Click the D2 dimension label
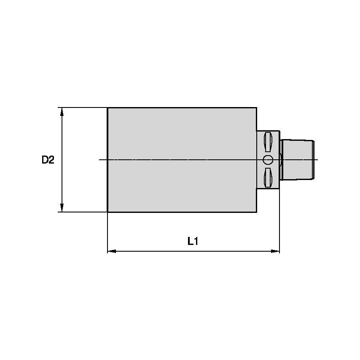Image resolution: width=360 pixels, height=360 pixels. click(x=48, y=160)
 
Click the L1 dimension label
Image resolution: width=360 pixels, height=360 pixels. click(x=193, y=242)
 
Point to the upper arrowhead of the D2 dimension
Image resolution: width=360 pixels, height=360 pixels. click(x=62, y=111)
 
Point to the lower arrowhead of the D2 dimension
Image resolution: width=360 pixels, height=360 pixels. click(x=62, y=208)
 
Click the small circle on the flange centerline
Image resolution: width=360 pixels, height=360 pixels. click(x=268, y=160)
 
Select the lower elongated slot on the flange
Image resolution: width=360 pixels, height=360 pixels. click(x=268, y=177)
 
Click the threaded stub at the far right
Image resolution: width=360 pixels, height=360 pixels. click(x=297, y=160)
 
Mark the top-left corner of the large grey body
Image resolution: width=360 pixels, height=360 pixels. click(x=108, y=108)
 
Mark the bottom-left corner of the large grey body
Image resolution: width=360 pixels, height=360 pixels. click(x=108, y=212)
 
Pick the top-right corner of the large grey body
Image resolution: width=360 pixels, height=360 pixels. click(x=256, y=108)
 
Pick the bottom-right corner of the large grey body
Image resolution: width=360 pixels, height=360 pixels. click(x=256, y=212)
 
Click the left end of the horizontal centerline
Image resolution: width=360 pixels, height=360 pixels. click(x=99, y=160)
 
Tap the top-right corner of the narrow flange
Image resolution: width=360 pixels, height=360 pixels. click(x=279, y=130)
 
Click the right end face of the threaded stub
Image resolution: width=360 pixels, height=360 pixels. click(x=314, y=160)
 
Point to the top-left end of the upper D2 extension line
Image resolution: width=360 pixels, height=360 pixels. click(x=58, y=107)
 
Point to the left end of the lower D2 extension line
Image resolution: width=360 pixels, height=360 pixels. click(x=58, y=212)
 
